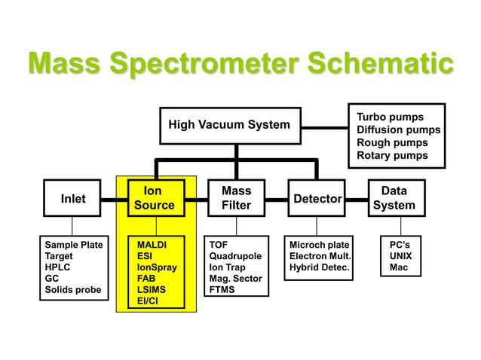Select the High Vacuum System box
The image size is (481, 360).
[x=228, y=125]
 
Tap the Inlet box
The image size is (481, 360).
[x=72, y=199]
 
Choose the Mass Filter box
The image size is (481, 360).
[x=236, y=198]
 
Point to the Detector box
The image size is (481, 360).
[x=317, y=199]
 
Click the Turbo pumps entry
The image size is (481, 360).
[x=390, y=117]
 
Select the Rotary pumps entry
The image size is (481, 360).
[x=392, y=155]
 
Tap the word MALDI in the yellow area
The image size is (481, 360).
[x=152, y=245]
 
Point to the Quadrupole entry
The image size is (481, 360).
[x=236, y=256]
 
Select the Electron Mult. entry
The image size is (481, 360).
[x=320, y=256]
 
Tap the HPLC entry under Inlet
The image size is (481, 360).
[x=58, y=267]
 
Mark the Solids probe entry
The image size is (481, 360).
[x=72, y=290]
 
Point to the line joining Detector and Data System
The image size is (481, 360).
[x=356, y=199]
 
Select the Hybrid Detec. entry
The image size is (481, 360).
[x=320, y=267]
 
